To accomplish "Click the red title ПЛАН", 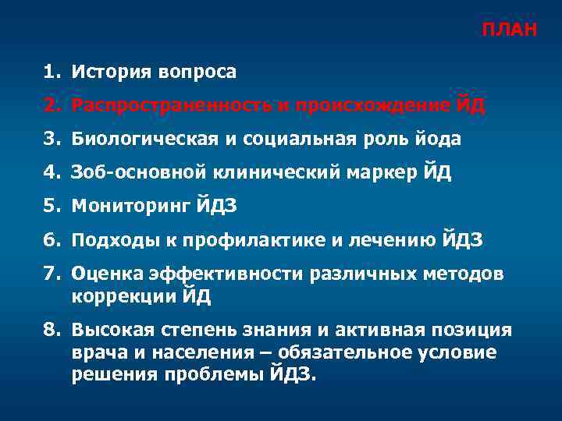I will click(508, 30).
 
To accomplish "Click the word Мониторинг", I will click(125, 207).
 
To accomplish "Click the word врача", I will click(96, 352).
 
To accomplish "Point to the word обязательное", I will click(343, 352).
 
